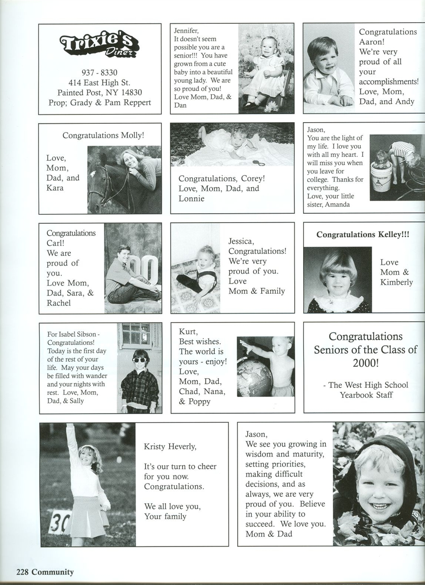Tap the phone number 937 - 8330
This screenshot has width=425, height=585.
pyautogui.click(x=99, y=73)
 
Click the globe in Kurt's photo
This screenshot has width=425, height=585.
pyautogui.click(x=255, y=375)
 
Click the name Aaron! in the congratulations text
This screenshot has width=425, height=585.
pyautogui.click(x=372, y=42)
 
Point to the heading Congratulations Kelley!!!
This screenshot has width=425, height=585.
pyautogui.click(x=363, y=234)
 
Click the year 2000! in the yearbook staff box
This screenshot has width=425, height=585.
pyautogui.click(x=365, y=363)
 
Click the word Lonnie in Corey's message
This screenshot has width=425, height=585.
pyautogui.click(x=191, y=198)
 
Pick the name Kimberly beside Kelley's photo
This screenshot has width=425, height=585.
pyautogui.click(x=396, y=282)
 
